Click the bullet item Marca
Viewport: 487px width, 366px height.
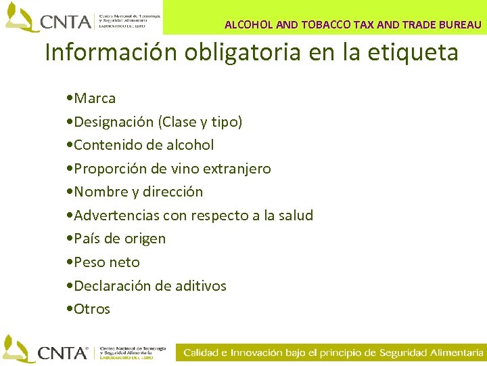95,98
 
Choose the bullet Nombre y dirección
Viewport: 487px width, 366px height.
138,192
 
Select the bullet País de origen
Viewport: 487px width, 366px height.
120,239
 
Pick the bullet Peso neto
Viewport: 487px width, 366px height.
107,262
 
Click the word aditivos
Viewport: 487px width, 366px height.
200,286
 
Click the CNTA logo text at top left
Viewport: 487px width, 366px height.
66,22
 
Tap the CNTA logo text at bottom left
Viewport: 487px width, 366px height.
63,352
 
